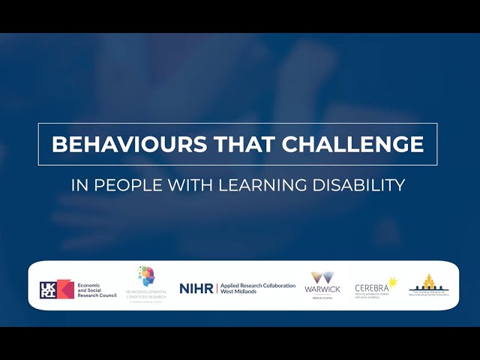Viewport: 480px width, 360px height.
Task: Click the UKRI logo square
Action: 56,289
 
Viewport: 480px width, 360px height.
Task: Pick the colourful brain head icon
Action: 146,274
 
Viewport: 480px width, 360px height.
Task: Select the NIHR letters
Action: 196,288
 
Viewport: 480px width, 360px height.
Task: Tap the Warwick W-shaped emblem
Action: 323,278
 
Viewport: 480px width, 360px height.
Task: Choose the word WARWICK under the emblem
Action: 323,289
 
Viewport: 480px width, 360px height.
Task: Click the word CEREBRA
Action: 371,288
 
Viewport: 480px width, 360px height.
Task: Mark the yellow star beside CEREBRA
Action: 393,283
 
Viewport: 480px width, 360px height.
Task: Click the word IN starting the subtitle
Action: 77,184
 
